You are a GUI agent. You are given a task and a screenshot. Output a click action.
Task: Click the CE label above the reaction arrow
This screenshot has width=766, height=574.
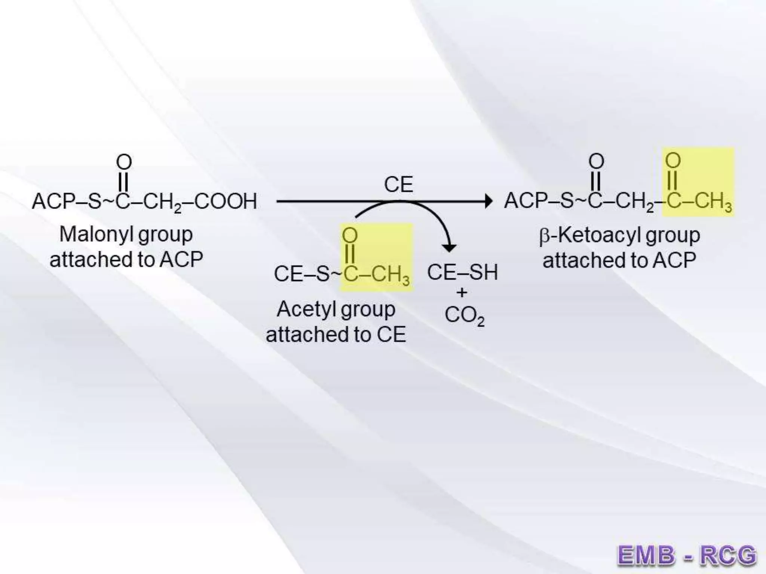(x=398, y=185)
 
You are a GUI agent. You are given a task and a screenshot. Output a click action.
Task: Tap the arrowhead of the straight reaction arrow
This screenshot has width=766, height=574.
(x=488, y=201)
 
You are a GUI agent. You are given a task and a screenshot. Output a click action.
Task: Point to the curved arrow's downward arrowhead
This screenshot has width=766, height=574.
(x=449, y=247)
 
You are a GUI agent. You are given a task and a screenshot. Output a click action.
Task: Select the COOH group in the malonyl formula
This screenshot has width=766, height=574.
(x=226, y=201)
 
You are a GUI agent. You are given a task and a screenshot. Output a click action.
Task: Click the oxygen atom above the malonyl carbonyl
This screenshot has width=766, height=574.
(x=124, y=162)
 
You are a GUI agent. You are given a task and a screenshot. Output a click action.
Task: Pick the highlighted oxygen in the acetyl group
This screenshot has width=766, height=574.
(x=350, y=235)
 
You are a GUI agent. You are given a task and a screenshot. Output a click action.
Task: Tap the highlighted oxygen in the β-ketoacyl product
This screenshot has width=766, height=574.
(x=672, y=161)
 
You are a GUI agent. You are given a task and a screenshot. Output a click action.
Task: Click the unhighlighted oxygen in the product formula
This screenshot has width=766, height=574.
(x=596, y=161)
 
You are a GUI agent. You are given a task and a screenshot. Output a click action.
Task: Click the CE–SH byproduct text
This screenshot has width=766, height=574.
(x=462, y=272)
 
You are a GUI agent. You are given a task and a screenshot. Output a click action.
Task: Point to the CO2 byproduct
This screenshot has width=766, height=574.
(x=464, y=315)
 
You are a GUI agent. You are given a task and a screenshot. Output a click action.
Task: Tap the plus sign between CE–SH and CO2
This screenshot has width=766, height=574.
(x=462, y=293)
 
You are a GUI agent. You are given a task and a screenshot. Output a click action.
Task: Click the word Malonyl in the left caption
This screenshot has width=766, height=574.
(x=96, y=235)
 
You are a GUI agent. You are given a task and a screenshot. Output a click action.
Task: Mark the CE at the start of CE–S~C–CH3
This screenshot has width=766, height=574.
(x=288, y=274)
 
